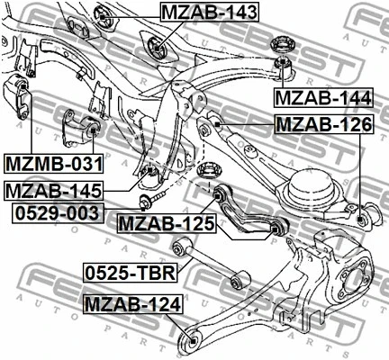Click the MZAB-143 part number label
click(209, 13)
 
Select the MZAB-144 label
click(321, 96)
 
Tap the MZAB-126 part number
click(321, 124)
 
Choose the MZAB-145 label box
click(52, 191)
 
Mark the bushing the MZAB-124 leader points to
click(189, 339)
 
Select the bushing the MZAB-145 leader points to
click(152, 171)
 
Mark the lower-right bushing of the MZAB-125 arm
click(276, 230)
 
